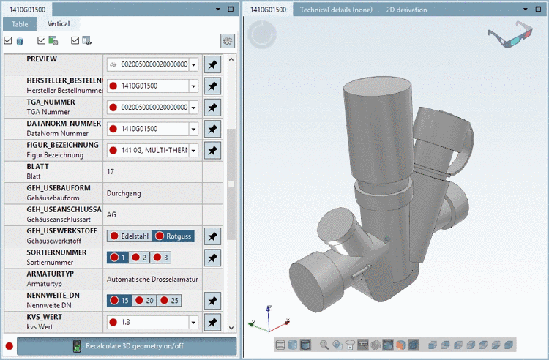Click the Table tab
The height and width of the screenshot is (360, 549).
[x=20, y=24]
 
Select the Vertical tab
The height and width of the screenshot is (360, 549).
[x=59, y=24]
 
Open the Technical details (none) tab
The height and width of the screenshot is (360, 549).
[x=336, y=10]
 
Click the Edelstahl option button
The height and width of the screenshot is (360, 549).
[x=130, y=236]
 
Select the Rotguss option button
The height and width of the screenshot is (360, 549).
[x=173, y=236]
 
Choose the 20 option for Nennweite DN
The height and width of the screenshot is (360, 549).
[x=144, y=301]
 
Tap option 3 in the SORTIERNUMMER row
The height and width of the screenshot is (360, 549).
[x=162, y=258]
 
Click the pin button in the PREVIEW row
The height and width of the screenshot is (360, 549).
[x=212, y=64]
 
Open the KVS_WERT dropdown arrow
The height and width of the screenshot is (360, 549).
[x=193, y=322]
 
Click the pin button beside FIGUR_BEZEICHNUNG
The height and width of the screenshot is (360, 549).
[x=212, y=151]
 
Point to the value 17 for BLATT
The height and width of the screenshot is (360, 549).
[x=111, y=172]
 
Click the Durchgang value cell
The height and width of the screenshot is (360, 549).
[x=124, y=194]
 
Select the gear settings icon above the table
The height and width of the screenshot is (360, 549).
[x=228, y=41]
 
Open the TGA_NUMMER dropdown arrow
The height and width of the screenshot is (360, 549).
[x=193, y=108]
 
